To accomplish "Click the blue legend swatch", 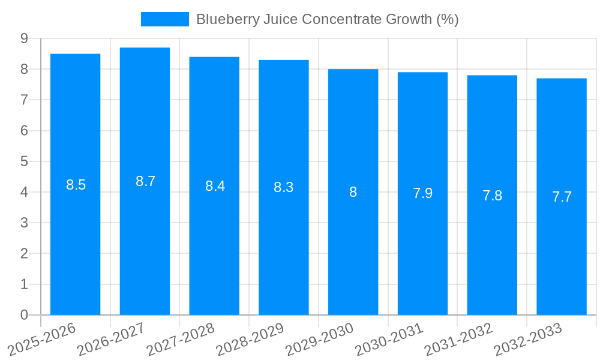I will (164, 19).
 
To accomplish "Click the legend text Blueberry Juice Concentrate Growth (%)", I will (327, 19).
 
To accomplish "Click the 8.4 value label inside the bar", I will (215, 186).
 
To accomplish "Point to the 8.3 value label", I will (283, 187).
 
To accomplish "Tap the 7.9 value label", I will (422, 193).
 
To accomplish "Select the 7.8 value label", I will (492, 196).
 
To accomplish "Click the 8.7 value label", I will (145, 181).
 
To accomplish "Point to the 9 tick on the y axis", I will (24, 38).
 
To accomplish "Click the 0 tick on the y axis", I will (24, 315).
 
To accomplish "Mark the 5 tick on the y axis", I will (24, 161).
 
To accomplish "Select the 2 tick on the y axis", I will (24, 254).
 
